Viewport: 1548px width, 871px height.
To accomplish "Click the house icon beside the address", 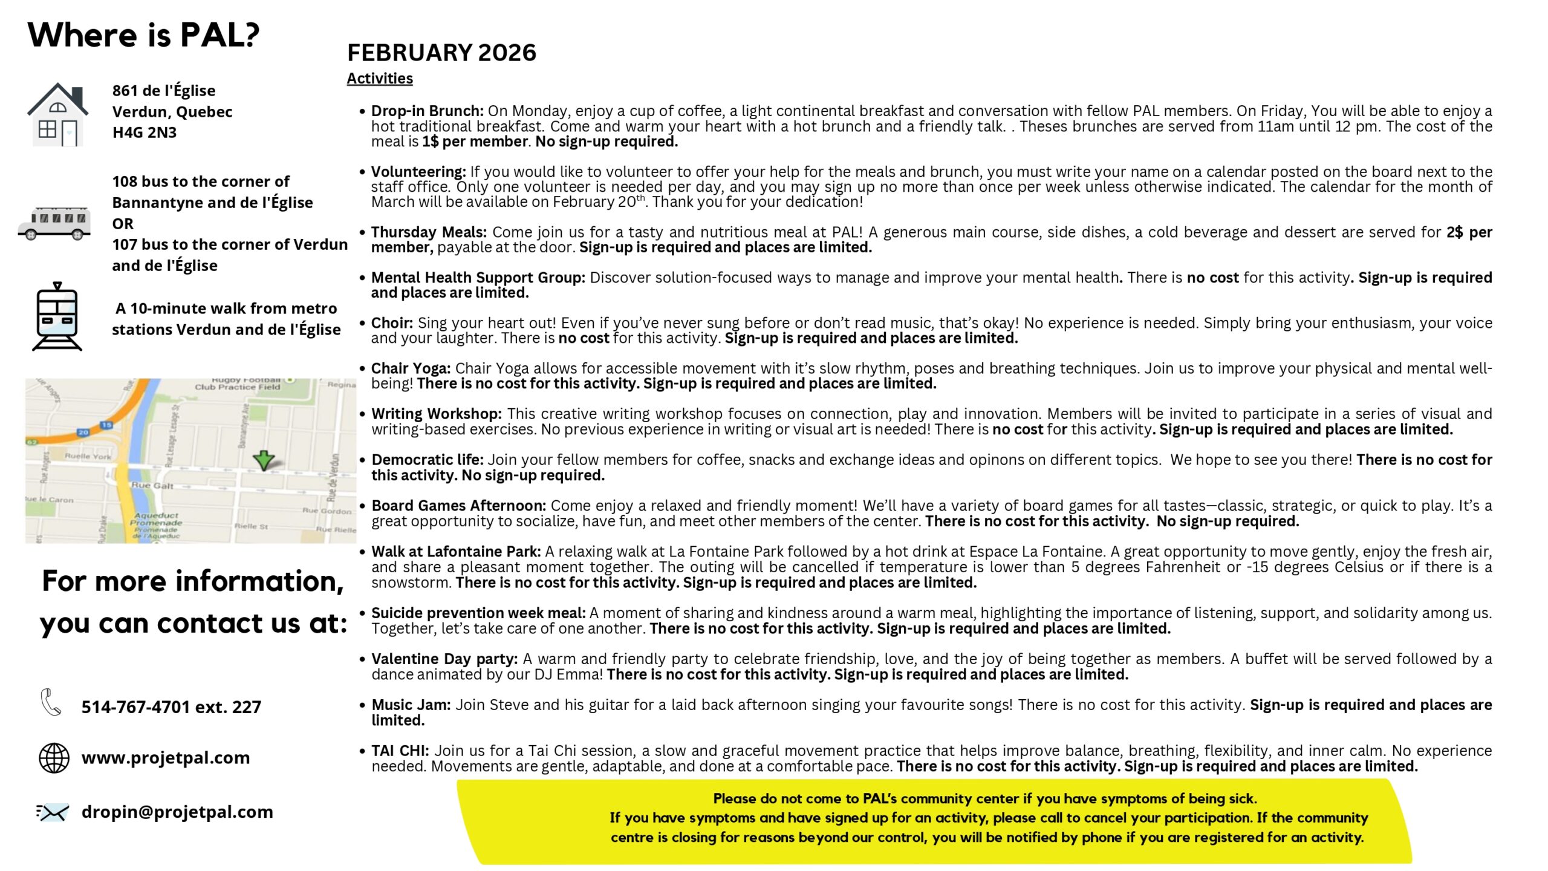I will [x=57, y=115].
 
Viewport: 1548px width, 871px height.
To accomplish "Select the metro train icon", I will [x=57, y=317].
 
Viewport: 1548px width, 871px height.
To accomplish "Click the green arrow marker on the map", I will [x=264, y=460].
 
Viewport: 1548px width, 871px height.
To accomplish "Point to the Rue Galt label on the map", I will [x=152, y=486].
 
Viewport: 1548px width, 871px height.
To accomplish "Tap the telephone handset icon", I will [x=51, y=702].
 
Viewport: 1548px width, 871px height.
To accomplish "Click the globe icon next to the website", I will [x=54, y=758].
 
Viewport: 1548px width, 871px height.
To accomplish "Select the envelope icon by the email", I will [x=53, y=812].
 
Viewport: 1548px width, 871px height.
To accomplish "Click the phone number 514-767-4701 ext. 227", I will [x=171, y=706].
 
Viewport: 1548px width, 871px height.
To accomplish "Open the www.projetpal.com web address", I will [x=166, y=757].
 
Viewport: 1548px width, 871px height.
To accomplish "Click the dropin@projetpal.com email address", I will [x=177, y=812].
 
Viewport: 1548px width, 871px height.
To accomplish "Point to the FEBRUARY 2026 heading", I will [x=441, y=53].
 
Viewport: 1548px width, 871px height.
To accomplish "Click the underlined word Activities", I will [x=380, y=79].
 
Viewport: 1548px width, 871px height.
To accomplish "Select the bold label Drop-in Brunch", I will [x=427, y=111].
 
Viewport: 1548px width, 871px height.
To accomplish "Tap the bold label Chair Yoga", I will [x=411, y=368].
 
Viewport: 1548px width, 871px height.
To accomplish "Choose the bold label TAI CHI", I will [x=400, y=751].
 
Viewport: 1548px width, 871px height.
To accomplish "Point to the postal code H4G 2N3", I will [x=145, y=132].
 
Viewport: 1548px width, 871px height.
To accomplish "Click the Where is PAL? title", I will [x=143, y=35].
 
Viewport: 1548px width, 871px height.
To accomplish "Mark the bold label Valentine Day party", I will [x=444, y=659].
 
